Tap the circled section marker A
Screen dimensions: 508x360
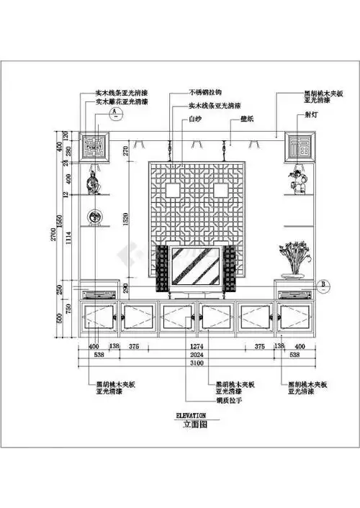coord(112,113)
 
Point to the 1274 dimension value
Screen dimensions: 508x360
coord(199,345)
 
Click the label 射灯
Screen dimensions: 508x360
coord(312,113)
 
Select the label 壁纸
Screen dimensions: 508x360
coord(246,118)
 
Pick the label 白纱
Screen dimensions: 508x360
coord(195,118)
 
